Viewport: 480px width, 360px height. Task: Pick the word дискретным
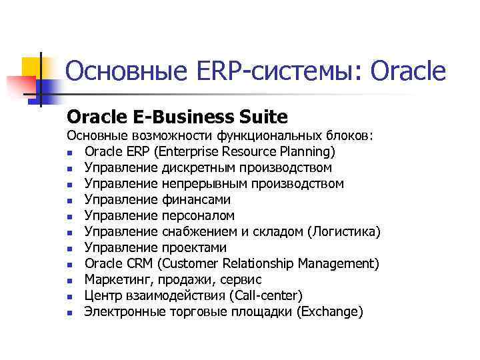coord(195,167)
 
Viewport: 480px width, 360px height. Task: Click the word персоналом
coord(198,215)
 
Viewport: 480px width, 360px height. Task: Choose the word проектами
coord(194,247)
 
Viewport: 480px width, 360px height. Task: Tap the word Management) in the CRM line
coord(339,263)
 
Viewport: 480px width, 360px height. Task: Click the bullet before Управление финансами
coord(69,200)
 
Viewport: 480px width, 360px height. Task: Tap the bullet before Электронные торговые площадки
coord(69,312)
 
